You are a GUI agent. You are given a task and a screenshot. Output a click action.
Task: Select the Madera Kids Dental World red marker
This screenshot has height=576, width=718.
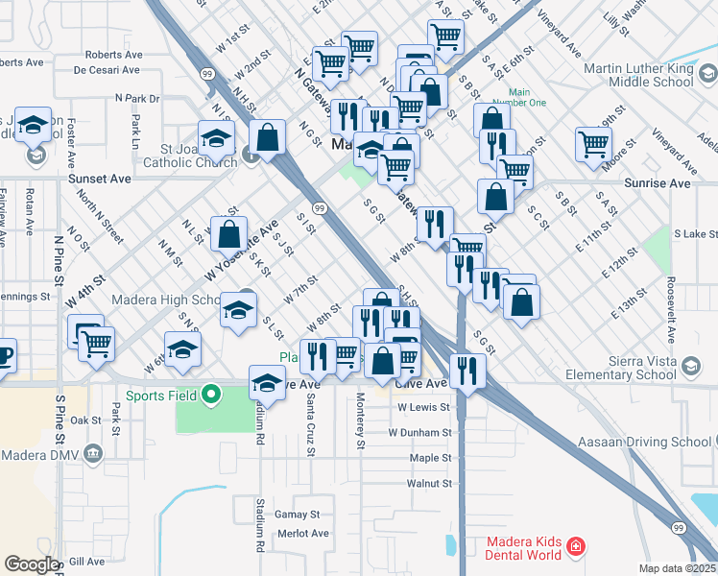[x=576, y=547]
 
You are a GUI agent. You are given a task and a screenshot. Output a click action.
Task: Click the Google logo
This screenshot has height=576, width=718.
[x=31, y=564]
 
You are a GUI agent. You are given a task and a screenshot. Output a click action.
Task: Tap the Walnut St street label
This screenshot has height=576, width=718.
[x=429, y=483]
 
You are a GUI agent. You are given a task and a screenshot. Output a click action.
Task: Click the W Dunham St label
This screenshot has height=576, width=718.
[x=419, y=432]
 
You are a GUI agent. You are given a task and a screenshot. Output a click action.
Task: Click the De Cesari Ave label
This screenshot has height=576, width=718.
[x=107, y=70]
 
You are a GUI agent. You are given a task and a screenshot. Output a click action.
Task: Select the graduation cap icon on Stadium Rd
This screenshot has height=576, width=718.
[x=268, y=383]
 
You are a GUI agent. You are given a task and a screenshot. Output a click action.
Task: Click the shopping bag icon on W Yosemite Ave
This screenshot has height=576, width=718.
[x=229, y=233]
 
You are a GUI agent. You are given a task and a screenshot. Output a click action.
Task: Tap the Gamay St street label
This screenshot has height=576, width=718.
[x=296, y=515]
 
